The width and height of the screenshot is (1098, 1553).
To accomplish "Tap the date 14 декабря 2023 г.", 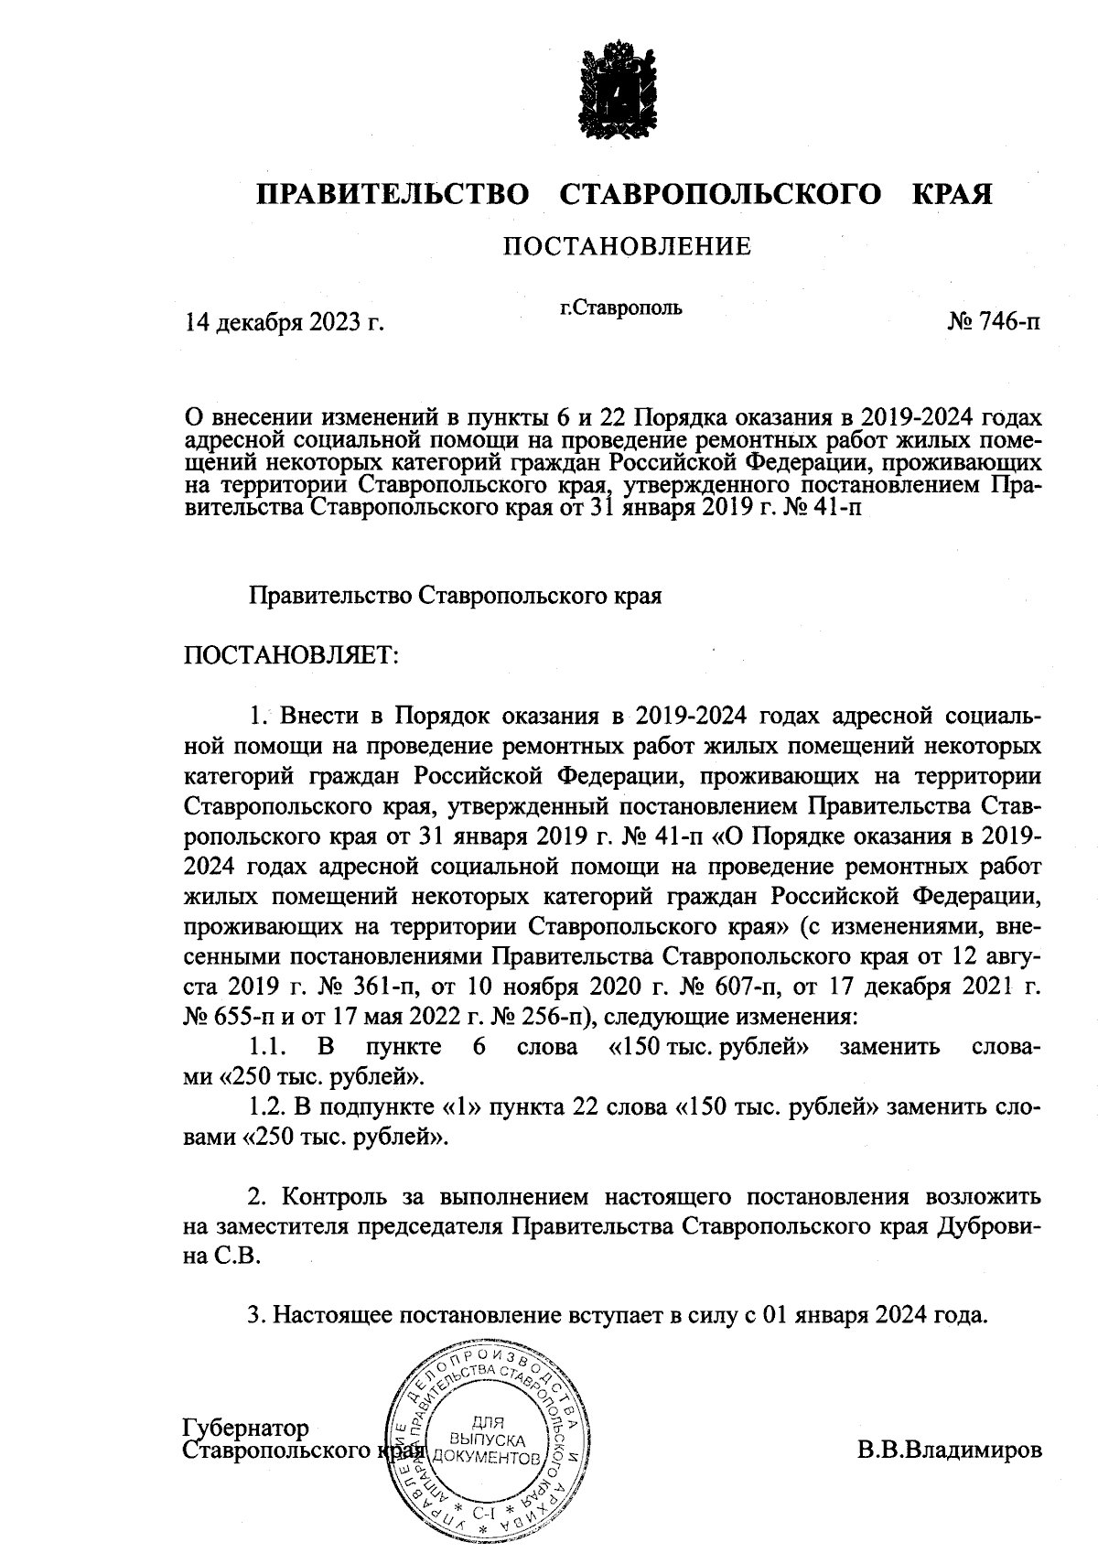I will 284,322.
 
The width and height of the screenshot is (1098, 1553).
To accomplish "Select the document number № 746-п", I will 994,322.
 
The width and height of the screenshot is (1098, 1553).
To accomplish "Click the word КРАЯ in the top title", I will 952,195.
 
